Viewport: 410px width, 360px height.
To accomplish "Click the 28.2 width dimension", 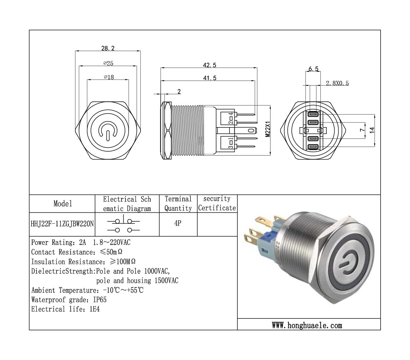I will [108, 48].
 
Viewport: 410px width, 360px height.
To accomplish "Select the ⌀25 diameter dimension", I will [108, 63].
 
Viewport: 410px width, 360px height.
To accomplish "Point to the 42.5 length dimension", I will [209, 65].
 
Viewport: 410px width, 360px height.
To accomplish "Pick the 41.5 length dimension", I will [209, 78].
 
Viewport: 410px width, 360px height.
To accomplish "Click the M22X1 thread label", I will [268, 129].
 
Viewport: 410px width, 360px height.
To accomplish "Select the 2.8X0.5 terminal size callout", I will [337, 83].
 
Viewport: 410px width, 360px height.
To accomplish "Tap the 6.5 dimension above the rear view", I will [313, 69].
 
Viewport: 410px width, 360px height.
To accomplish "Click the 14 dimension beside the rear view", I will [372, 130].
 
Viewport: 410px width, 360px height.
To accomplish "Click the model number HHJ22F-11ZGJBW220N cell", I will [62, 224].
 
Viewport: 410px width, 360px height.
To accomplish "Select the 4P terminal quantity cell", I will [178, 223].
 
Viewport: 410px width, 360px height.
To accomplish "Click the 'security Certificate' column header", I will [217, 203].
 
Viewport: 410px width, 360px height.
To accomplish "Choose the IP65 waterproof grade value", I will [100, 300].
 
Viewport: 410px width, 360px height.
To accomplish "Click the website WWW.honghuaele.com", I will [307, 325].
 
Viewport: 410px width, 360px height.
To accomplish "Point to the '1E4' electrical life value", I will [94, 309].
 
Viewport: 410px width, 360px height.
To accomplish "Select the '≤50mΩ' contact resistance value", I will [111, 252].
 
